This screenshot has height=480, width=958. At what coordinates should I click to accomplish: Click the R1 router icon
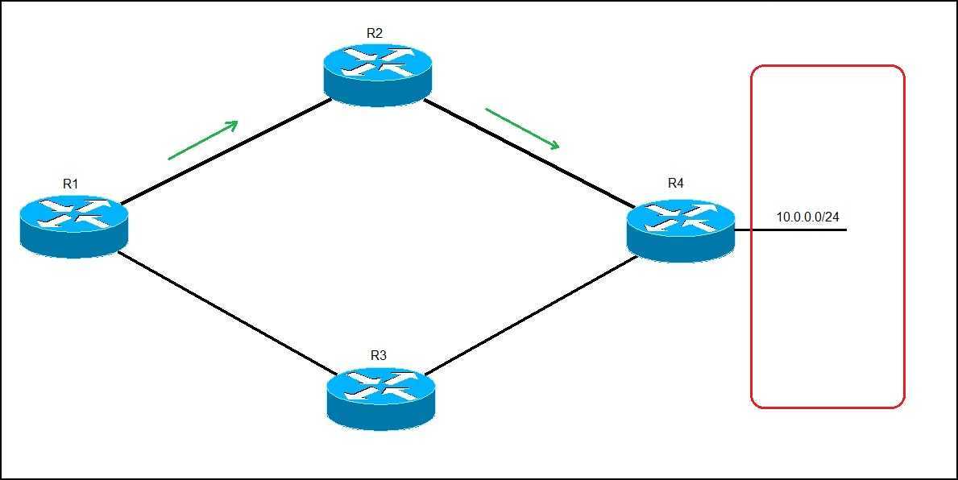pos(73,225)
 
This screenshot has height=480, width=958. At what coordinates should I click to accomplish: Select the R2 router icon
pos(378,74)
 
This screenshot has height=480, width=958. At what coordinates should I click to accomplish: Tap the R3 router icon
pos(381,398)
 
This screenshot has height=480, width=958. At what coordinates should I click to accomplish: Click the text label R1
pos(71,184)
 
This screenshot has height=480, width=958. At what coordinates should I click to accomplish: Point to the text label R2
pos(375,33)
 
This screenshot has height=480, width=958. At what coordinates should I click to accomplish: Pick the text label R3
pos(379,355)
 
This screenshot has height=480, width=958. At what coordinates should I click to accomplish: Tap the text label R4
pos(676,184)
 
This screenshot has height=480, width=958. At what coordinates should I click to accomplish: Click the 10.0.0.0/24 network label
pos(807,217)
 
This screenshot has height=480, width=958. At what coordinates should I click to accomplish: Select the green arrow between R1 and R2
pos(203,140)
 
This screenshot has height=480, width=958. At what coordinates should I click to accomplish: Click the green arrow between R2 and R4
pos(522,129)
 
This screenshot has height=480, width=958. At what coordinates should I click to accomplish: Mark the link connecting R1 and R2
pos(226,151)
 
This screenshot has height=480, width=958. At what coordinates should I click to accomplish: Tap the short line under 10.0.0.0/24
pos(798,230)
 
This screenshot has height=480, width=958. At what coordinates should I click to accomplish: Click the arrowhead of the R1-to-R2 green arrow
pos(234,124)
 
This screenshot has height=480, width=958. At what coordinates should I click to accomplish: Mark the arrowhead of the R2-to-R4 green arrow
pos(554,145)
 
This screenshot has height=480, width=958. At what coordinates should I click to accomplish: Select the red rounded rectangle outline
pos(752,242)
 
